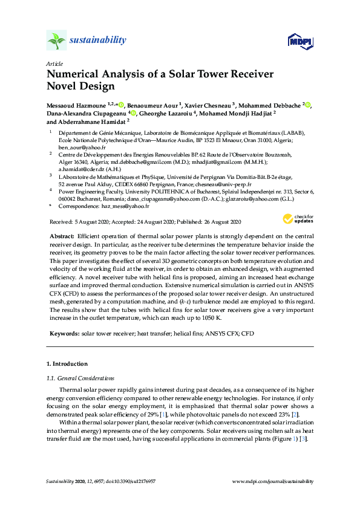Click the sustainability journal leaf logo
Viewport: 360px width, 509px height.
pyautogui.click(x=56, y=41)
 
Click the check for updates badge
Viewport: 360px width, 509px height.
pyautogui.click(x=298, y=219)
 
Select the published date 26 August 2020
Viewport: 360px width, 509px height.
pyautogui.click(x=216, y=222)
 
